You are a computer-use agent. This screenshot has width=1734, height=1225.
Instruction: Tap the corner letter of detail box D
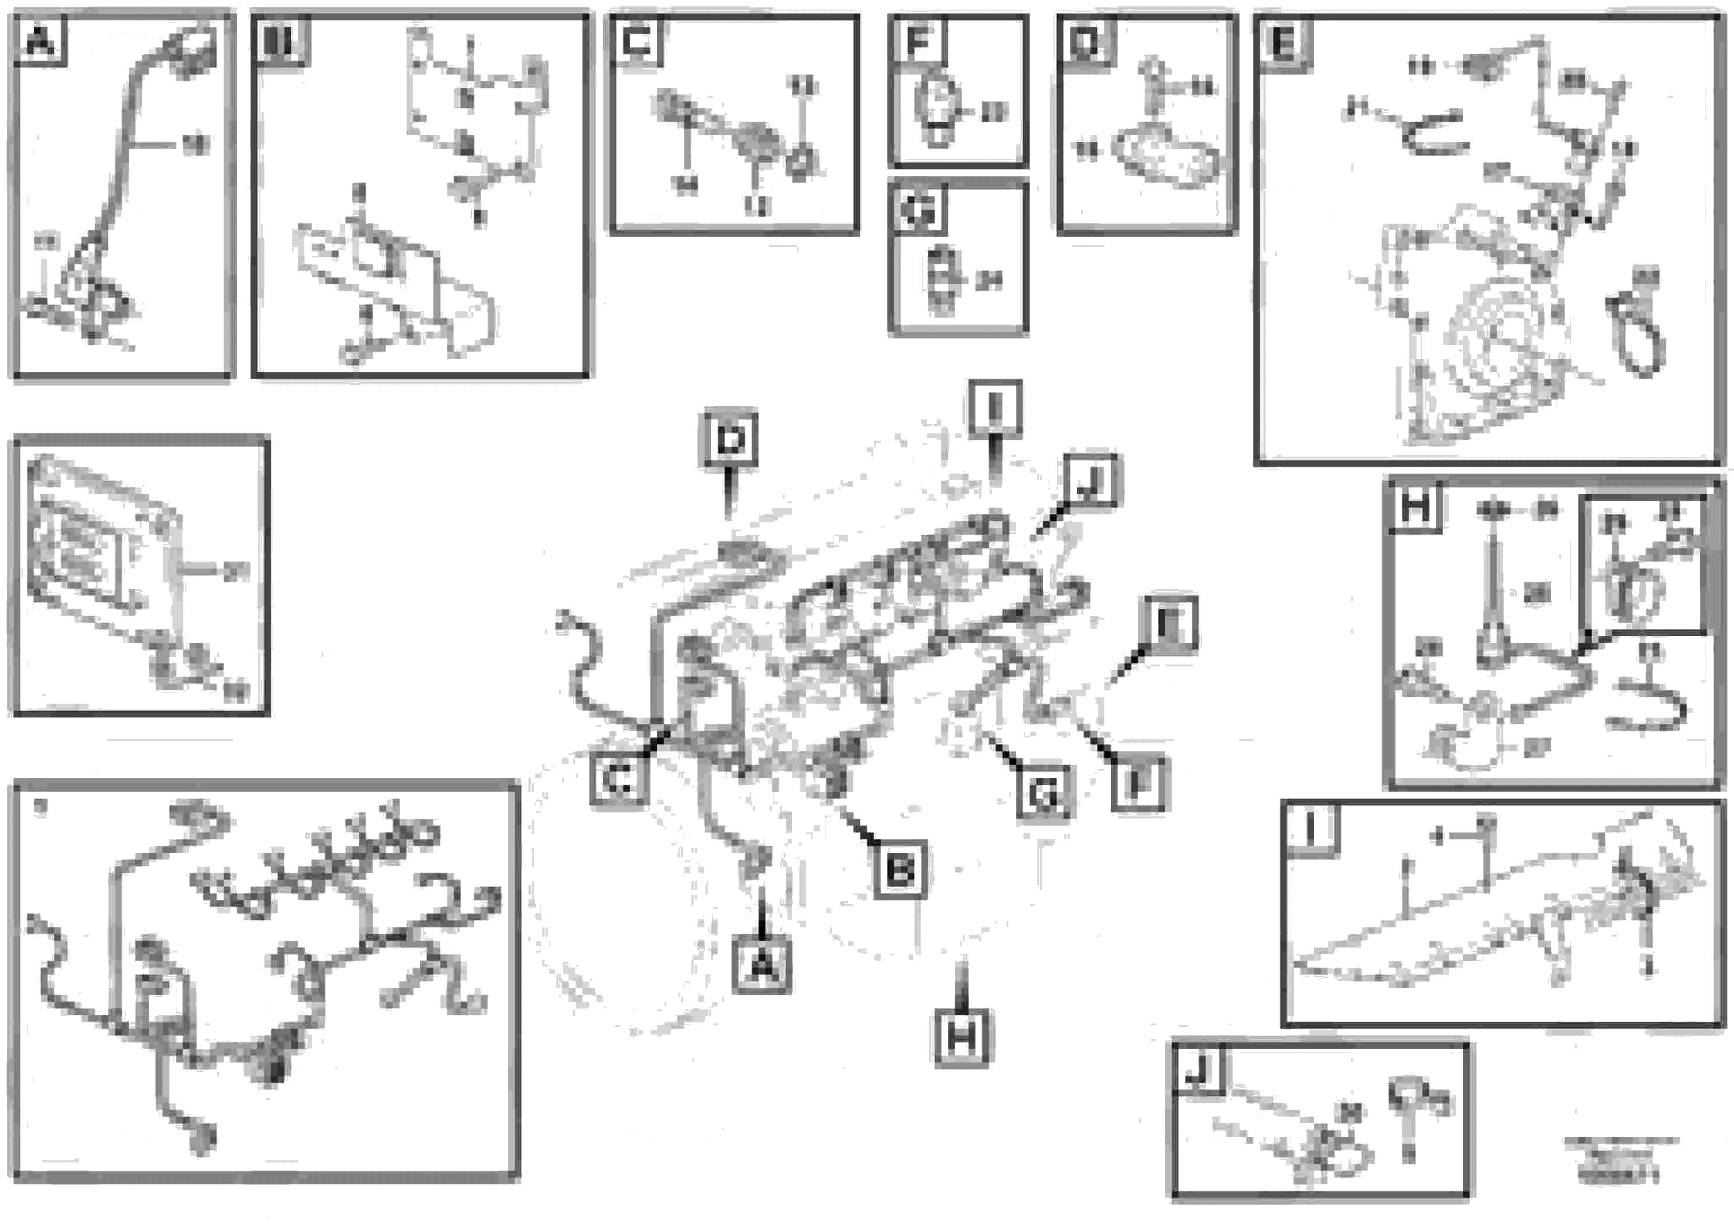(1085, 41)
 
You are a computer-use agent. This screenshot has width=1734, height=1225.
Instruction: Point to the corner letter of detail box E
(1283, 44)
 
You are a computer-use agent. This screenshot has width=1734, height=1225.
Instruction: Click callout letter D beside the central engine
(730, 440)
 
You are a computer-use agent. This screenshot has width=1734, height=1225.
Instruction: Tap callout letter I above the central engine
(994, 408)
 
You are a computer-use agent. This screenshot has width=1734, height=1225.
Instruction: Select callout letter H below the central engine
(962, 1037)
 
